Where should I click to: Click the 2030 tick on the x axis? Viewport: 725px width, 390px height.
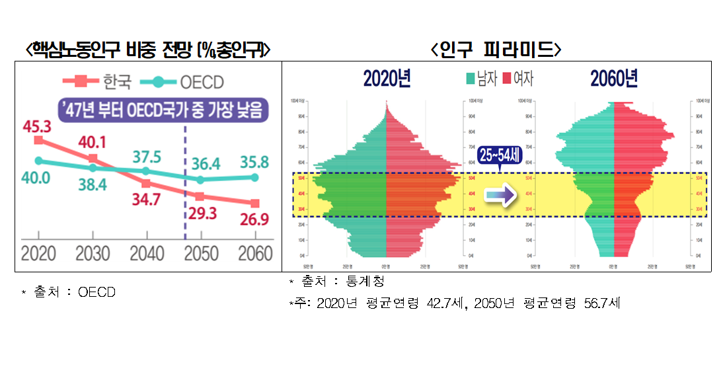[x=93, y=253]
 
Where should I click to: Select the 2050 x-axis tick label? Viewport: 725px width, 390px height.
[x=200, y=253]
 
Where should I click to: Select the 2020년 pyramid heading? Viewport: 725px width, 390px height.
[x=387, y=79]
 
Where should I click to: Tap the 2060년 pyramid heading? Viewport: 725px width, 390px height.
[x=614, y=79]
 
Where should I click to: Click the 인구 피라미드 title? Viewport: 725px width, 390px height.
[x=496, y=50]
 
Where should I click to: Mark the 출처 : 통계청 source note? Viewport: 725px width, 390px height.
[x=336, y=282]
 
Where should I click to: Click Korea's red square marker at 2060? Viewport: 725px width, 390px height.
[x=255, y=203]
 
